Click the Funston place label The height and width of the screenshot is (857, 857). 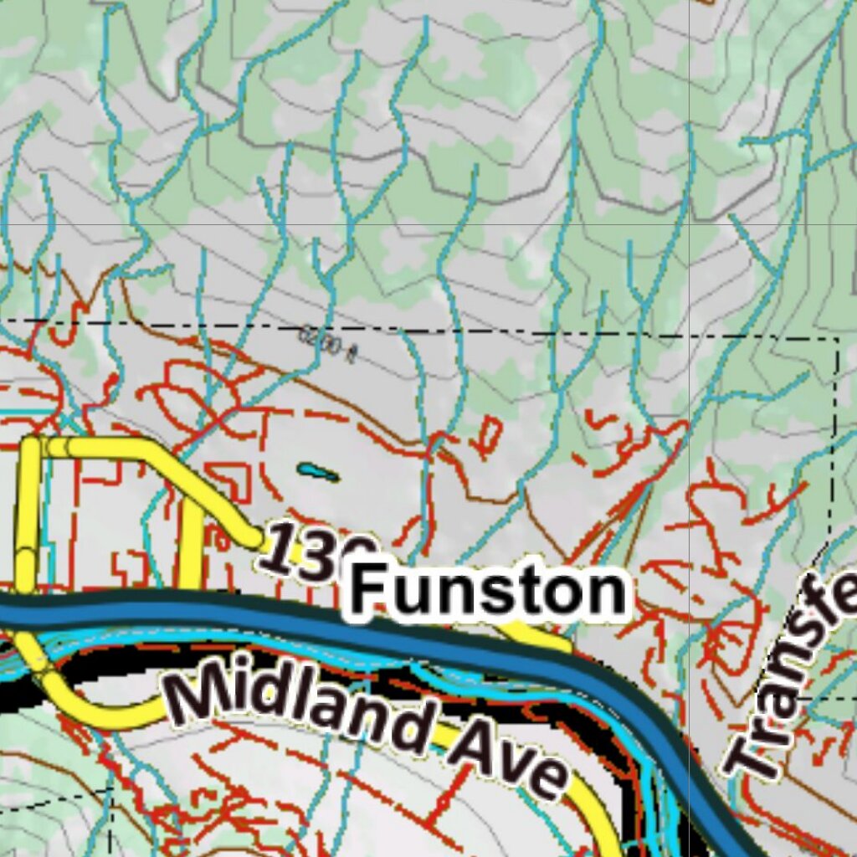pyautogui.click(x=488, y=592)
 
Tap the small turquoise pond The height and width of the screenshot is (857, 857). pyautogui.click(x=317, y=473)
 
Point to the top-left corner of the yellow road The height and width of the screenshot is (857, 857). pyautogui.click(x=32, y=445)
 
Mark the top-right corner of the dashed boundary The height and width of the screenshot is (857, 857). pyautogui.click(x=837, y=340)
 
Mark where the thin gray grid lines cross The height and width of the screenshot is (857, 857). pyautogui.click(x=689, y=224)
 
